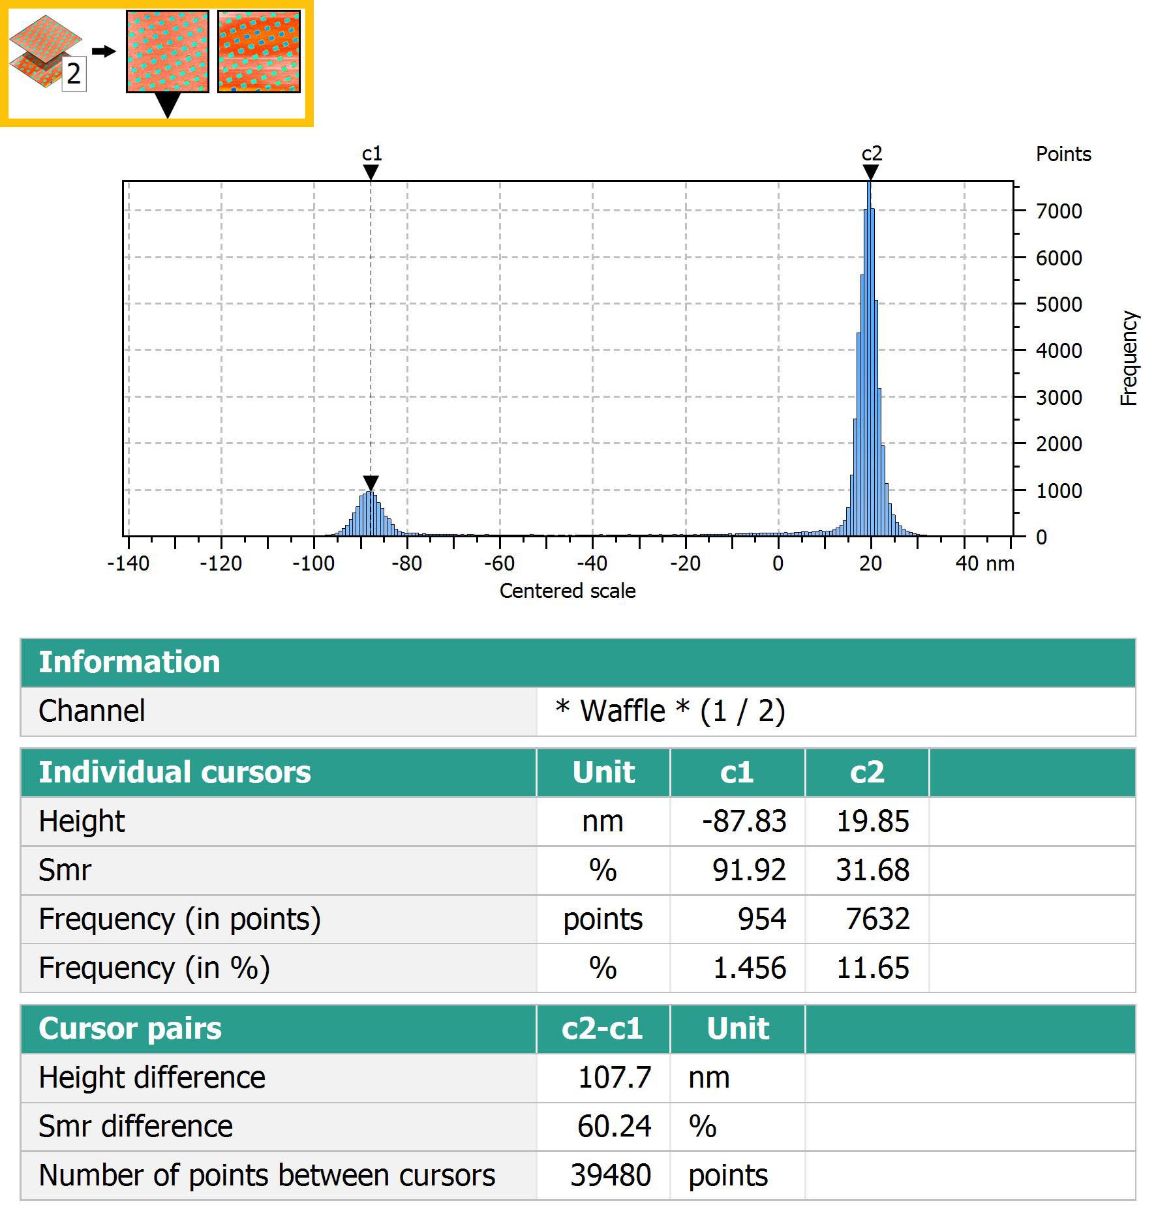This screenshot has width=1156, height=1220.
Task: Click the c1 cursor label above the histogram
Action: pos(371,154)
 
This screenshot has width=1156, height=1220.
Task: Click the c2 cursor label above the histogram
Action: pos(872,154)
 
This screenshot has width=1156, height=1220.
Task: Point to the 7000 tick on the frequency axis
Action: pos(1058,211)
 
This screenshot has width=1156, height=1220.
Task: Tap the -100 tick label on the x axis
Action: pos(313,563)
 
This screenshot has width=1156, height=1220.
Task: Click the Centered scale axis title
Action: pos(567,591)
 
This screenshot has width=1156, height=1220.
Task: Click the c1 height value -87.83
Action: pos(744,821)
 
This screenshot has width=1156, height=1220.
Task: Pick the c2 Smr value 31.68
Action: pos(872,870)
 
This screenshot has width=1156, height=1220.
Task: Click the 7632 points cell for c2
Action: pos(877,919)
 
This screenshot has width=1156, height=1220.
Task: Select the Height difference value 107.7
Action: pos(614,1077)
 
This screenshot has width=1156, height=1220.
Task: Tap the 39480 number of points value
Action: pos(611,1175)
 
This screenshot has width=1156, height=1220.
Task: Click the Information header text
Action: pos(129,662)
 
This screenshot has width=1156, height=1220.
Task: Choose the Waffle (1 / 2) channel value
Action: pos(670,711)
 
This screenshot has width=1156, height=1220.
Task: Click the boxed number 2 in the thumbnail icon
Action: pos(74,74)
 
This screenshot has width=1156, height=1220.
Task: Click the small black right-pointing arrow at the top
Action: pos(103,51)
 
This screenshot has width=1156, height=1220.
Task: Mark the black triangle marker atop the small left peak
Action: pos(371,483)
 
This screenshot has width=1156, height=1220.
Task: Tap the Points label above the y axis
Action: pos(1063,155)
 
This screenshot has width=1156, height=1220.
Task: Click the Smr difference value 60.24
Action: pos(614,1126)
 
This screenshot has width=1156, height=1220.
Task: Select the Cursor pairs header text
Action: pos(130,1028)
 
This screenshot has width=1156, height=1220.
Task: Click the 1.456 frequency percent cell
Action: pos(749,968)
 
